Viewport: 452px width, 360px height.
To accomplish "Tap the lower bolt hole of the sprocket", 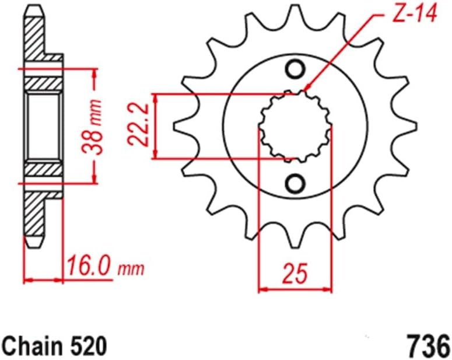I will point(295,184).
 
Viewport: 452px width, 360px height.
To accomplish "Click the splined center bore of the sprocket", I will point(295,125).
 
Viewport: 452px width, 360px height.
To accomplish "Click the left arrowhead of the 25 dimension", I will point(262,288).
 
